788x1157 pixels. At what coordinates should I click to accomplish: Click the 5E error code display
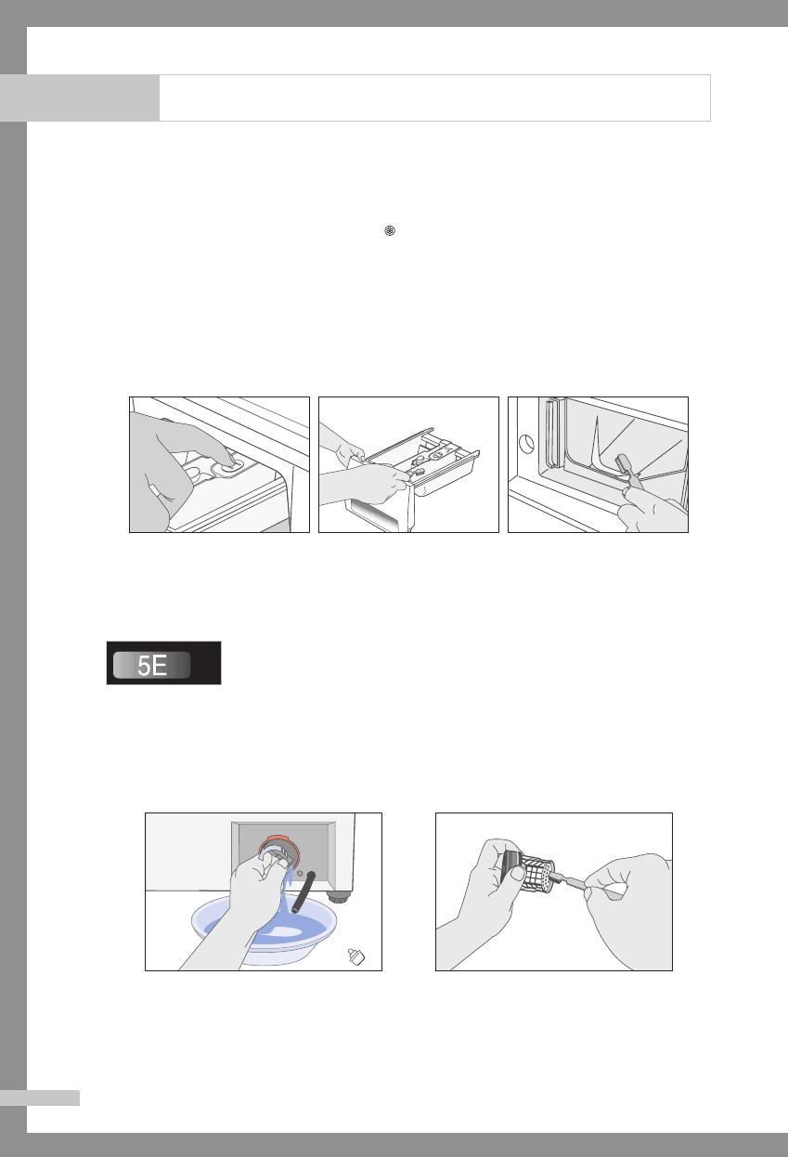tap(163, 663)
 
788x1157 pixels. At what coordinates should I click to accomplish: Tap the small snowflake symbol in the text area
tap(390, 230)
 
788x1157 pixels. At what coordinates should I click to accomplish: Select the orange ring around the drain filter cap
tap(278, 846)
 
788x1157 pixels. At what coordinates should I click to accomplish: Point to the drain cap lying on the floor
tap(355, 956)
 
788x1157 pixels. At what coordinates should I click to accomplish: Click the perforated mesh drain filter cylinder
tap(538, 874)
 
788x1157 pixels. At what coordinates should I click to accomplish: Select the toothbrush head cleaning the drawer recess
tap(624, 463)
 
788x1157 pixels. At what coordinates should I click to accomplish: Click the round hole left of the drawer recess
tap(525, 444)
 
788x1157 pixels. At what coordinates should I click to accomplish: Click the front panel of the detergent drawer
tap(380, 512)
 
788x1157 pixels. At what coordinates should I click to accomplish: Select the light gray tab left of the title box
tap(80, 97)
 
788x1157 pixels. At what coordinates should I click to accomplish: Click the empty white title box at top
tap(434, 97)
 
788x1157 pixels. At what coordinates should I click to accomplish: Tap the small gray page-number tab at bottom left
tap(40, 1098)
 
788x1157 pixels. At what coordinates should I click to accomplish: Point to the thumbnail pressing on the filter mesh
tap(517, 873)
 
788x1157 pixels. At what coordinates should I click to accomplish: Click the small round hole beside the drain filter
tap(300, 873)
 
